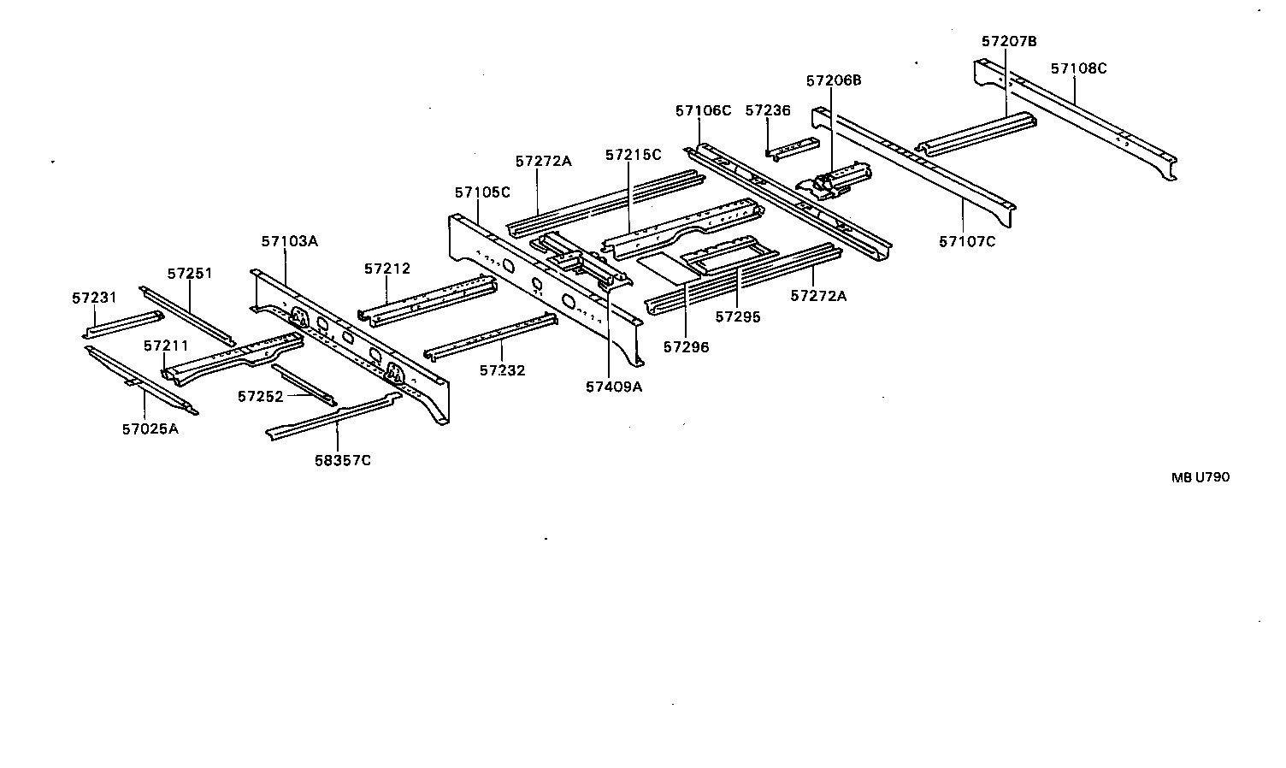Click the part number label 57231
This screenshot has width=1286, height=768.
(94, 298)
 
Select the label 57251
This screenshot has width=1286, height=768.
(190, 274)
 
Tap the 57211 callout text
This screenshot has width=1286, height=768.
(166, 346)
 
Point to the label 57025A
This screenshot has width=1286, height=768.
(150, 428)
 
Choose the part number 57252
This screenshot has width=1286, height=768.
(260, 397)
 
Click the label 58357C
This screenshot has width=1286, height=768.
(342, 460)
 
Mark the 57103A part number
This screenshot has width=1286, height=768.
(290, 241)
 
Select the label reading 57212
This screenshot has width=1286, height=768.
(387, 269)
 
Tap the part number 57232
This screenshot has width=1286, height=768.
(502, 370)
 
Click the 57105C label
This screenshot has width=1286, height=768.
(482, 192)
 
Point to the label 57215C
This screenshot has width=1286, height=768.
(633, 155)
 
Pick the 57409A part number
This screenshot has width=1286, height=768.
(614, 387)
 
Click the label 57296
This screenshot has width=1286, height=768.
(686, 347)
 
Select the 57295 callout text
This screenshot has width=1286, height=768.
(737, 316)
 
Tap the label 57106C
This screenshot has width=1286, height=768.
(703, 110)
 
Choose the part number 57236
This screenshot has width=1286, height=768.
(768, 110)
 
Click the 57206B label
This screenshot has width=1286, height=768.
(834, 80)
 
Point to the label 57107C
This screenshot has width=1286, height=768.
(967, 241)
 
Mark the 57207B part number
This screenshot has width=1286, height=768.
(1009, 41)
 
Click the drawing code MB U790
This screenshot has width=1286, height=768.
(1200, 477)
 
